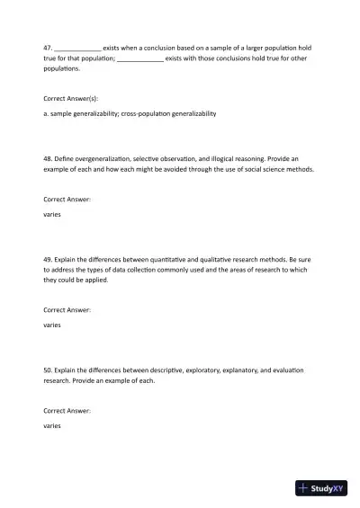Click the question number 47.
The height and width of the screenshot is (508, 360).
click(48, 47)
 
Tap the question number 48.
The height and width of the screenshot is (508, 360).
click(48, 157)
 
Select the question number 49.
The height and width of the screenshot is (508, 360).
click(48, 259)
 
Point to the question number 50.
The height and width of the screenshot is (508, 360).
click(48, 370)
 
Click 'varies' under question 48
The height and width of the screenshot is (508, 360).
click(52, 215)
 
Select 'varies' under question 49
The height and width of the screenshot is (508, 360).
click(52, 325)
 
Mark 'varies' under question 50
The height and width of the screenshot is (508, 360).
click(52, 425)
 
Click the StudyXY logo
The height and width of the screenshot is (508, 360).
click(321, 489)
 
